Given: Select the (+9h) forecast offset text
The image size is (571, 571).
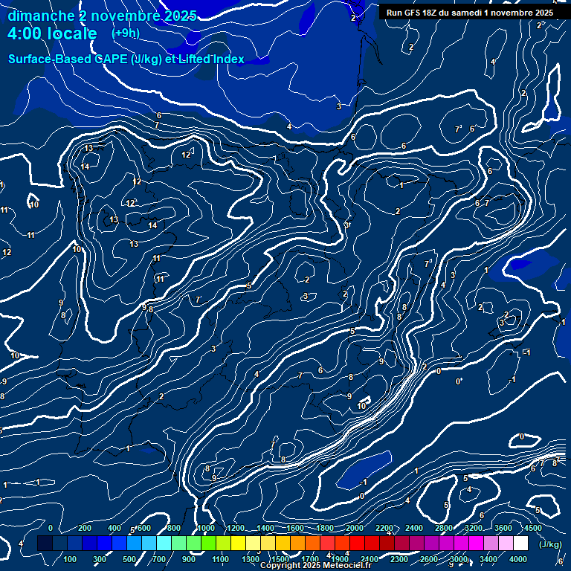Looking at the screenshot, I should coord(126,33).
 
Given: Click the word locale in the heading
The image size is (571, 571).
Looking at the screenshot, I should coord(74,33).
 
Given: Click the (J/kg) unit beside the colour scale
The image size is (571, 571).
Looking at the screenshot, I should coord(550,544).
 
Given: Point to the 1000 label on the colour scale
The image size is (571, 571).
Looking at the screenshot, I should coord(205,528).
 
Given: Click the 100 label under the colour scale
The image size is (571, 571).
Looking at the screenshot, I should coord(71,559).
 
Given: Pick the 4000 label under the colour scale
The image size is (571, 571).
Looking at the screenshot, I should coord(518,559).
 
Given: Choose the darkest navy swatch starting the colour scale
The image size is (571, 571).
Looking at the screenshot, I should coord(44,543).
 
